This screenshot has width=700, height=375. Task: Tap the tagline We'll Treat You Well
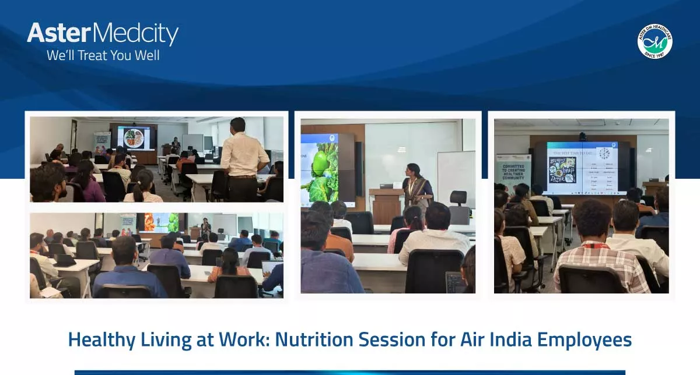(x=103, y=56)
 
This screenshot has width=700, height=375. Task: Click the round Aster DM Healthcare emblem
(x=654, y=41)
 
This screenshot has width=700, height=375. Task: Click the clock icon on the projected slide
(x=604, y=154)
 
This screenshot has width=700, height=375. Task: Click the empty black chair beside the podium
(x=459, y=207)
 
